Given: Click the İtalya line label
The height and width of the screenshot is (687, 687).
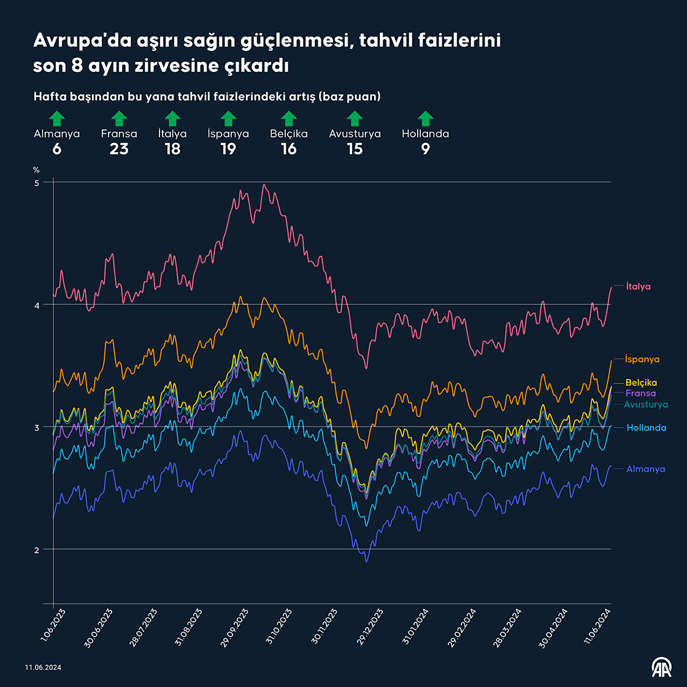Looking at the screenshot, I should [x=639, y=286].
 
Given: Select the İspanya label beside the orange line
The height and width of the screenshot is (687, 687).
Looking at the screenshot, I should [x=642, y=359].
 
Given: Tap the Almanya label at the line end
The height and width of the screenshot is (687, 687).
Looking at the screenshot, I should [x=645, y=469].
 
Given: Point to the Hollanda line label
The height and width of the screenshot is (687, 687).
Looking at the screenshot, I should [x=646, y=428].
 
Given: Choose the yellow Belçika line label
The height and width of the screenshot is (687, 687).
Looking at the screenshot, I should [x=641, y=383].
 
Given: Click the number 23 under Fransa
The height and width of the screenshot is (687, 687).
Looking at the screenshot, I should [x=119, y=149].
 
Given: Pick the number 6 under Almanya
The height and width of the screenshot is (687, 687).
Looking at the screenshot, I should [x=57, y=149].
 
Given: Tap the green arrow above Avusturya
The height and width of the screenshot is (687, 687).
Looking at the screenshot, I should [x=355, y=118].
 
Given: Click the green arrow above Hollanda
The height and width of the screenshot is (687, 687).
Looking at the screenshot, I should [x=425, y=118].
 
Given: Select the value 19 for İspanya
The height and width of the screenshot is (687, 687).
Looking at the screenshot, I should [x=228, y=149].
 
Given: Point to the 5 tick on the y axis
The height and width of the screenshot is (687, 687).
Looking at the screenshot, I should [x=37, y=183].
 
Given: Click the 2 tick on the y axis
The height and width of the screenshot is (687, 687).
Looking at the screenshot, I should [x=37, y=550].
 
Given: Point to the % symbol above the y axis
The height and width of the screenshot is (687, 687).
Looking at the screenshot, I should [x=36, y=170].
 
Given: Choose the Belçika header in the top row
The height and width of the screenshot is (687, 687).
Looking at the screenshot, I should [x=288, y=134].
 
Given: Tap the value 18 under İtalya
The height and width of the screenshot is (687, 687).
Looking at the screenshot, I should [x=172, y=149].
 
